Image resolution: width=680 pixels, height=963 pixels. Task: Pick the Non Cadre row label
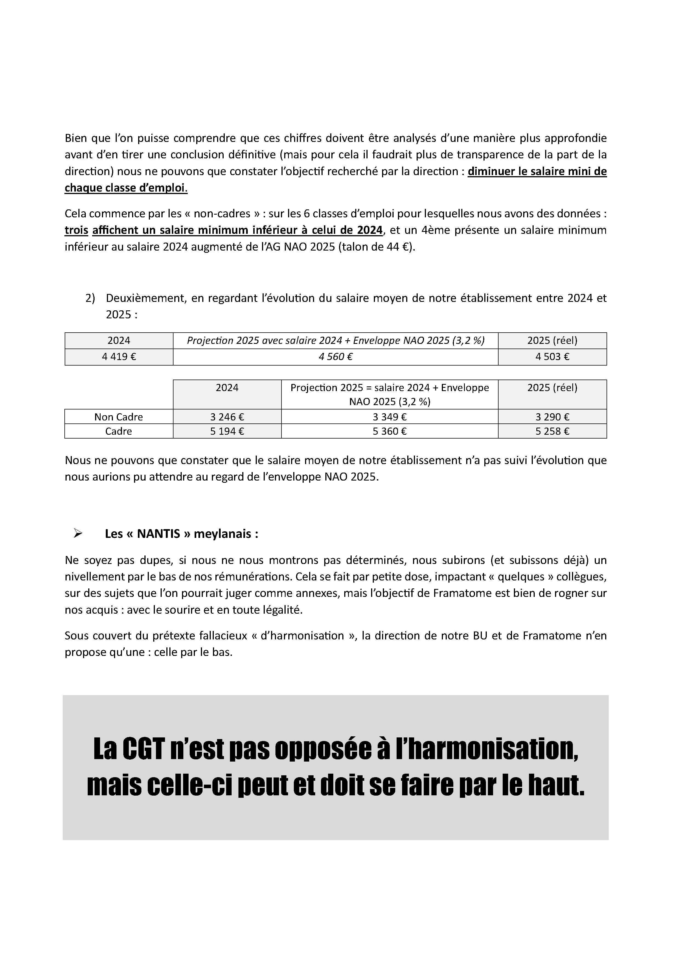(x=119, y=417)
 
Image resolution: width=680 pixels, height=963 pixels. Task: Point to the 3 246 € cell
(x=227, y=417)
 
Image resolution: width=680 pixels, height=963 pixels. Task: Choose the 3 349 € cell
(x=390, y=417)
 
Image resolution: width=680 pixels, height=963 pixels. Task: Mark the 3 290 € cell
(x=552, y=417)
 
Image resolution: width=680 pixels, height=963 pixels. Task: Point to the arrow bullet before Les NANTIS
(x=78, y=534)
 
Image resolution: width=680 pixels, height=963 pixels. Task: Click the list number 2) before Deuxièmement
(x=90, y=298)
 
